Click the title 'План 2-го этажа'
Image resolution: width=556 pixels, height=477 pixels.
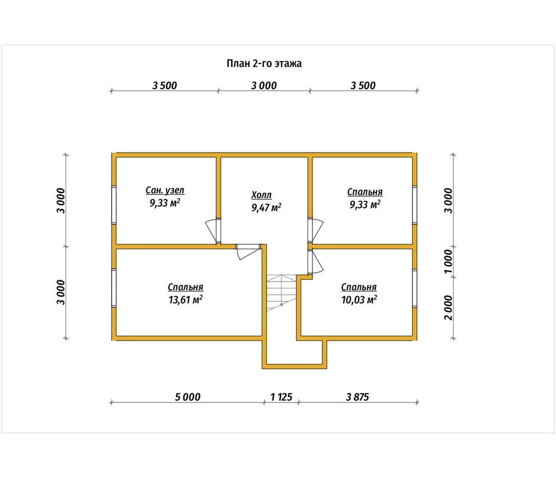264,63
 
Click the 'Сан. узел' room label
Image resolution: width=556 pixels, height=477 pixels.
165,190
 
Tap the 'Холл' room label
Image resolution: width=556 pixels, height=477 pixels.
261,195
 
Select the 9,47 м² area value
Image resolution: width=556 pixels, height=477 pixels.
266,207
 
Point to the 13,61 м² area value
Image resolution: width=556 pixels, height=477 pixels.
186,300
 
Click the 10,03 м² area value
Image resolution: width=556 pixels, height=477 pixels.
359,300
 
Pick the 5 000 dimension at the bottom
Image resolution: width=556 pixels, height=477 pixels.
187,397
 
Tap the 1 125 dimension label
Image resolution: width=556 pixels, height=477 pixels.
281,397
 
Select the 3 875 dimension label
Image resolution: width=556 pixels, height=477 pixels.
358,397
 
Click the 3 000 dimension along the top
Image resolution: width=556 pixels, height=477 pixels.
264,86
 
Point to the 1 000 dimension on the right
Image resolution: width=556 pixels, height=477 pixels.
449,262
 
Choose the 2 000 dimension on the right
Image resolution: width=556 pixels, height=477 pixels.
449,307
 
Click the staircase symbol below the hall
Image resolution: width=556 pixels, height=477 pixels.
281,293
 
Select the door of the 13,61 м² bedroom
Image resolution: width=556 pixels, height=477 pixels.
248,252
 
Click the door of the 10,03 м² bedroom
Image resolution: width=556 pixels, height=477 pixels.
315,262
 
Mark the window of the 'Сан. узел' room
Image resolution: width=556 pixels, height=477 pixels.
114,205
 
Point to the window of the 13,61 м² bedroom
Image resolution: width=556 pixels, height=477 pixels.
114,288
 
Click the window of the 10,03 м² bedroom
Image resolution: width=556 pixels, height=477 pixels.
415,288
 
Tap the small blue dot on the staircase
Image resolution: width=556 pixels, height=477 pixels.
281,304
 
